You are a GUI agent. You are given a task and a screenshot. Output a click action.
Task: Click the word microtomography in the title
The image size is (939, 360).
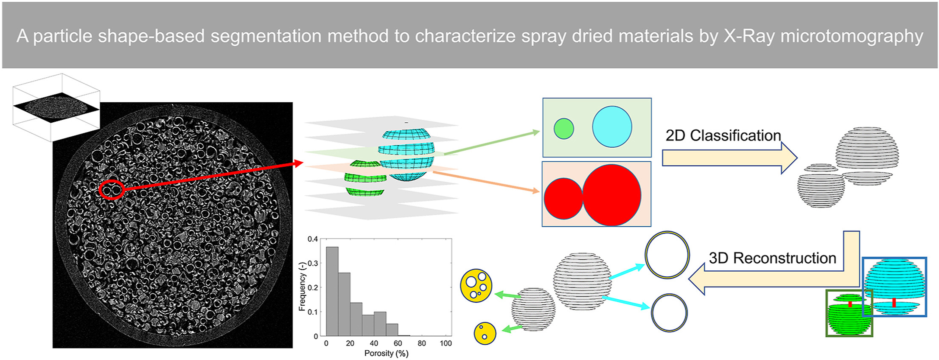(x=852, y=36)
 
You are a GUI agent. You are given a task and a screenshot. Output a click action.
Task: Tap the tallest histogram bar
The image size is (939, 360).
(x=332, y=291)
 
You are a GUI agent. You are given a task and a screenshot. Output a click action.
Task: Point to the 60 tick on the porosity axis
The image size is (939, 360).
(x=398, y=343)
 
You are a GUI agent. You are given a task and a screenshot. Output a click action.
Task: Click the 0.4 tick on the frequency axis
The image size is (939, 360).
(x=313, y=239)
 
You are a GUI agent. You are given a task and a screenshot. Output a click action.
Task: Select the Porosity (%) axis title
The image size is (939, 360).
(x=387, y=353)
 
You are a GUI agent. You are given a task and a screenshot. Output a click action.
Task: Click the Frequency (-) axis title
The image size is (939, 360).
(x=302, y=287)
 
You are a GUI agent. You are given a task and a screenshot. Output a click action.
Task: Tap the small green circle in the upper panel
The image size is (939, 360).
(x=564, y=128)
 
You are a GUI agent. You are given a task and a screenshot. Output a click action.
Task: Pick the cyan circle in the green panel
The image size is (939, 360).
(x=612, y=127)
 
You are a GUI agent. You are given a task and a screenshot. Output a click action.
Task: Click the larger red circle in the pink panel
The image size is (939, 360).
(x=612, y=195)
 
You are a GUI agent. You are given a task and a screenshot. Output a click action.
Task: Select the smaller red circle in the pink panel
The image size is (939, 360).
(x=563, y=199)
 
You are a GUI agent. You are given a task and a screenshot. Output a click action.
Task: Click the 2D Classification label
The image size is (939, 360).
(x=723, y=135)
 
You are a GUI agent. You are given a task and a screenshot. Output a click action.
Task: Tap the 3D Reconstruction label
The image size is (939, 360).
(x=772, y=258)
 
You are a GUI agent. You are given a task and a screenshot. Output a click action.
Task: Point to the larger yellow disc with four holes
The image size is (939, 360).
(x=476, y=285)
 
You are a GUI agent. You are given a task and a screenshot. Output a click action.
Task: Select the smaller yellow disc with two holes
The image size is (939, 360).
(x=485, y=333)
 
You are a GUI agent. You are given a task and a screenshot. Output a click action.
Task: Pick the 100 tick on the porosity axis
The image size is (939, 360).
(x=446, y=343)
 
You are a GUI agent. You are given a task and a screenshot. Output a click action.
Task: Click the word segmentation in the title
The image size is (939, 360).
(x=266, y=36)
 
